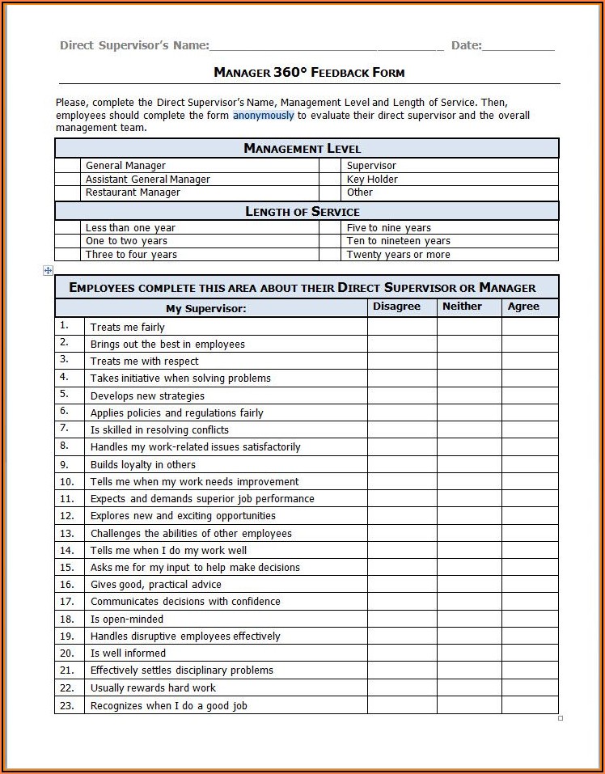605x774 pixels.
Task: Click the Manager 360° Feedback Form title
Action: [x=309, y=73]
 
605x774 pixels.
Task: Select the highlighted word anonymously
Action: [x=264, y=116]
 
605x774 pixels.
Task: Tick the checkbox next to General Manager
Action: [x=69, y=166]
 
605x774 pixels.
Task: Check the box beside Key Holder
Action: [x=329, y=180]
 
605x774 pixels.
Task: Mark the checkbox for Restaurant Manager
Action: [x=69, y=193]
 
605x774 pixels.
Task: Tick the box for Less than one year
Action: [x=69, y=228]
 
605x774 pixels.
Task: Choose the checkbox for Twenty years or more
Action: [x=329, y=255]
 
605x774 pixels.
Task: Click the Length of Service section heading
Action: [x=302, y=212]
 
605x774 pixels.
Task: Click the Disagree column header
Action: [x=396, y=307]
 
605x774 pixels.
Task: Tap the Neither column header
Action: [x=462, y=307]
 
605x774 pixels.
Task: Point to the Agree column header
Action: [x=523, y=307]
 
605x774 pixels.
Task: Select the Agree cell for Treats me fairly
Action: [x=530, y=328]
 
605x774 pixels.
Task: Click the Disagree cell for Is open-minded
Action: [x=402, y=620]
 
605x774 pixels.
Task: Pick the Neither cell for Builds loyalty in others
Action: [x=469, y=465]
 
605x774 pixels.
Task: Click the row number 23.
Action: [x=67, y=706]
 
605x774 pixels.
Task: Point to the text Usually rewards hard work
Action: [x=153, y=688]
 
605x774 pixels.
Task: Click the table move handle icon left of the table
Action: [x=48, y=271]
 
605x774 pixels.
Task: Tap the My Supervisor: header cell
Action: [x=206, y=309]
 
